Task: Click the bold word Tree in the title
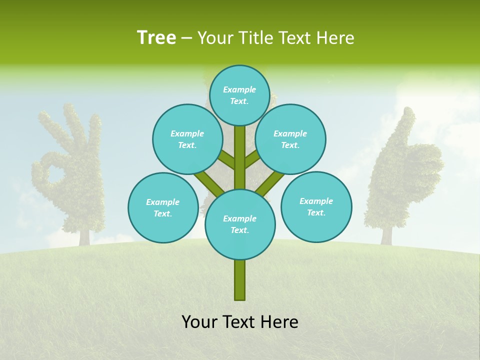click(156, 37)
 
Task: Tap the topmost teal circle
click(239, 95)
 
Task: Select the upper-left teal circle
click(187, 139)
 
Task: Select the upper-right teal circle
click(290, 139)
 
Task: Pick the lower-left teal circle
click(162, 207)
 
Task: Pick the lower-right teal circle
click(316, 206)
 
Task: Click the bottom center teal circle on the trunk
click(239, 224)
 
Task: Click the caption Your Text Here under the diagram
click(239, 321)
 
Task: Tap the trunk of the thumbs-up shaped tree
click(386, 235)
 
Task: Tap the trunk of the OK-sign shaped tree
click(83, 236)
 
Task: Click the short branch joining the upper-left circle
click(226, 160)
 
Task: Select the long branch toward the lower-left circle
click(209, 183)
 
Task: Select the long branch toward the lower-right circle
click(270, 183)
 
